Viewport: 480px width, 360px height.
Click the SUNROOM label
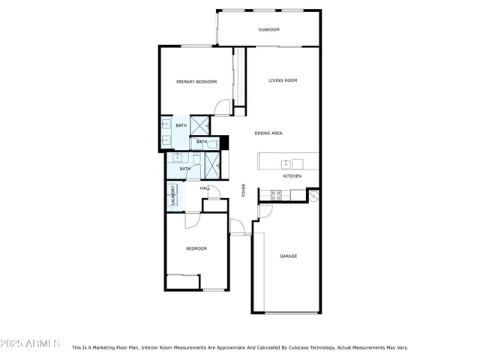point(268,29)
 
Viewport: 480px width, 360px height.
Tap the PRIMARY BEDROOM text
point(196,82)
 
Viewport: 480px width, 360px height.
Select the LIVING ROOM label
point(283,80)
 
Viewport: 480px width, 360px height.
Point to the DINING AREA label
point(268,133)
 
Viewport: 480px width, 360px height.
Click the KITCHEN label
point(292,176)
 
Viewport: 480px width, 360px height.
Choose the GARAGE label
point(289,256)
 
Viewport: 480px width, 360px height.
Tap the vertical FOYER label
point(244,190)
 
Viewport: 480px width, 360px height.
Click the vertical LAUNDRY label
point(172,196)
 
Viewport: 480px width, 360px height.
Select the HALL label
point(204,188)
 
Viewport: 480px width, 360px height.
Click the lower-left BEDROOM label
point(196,248)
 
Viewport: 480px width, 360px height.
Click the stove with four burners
point(275,195)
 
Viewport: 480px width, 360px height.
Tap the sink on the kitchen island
point(286,163)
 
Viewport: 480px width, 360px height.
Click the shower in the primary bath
point(200,124)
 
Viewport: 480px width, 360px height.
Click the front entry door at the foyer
point(237,227)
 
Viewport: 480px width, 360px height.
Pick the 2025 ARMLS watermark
point(31,343)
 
